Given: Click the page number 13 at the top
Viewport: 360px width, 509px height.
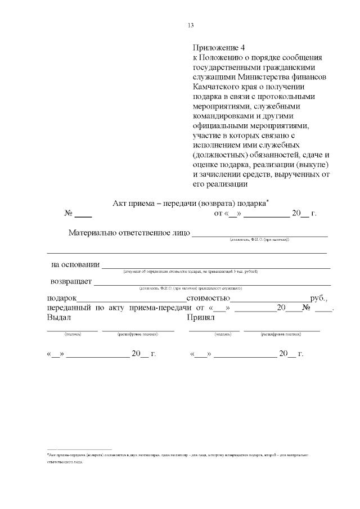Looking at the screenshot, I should pyautogui.click(x=191, y=25).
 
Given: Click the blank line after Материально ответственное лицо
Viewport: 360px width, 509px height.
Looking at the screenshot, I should pyautogui.click(x=260, y=233).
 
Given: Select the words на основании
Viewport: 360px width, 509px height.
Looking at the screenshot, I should pyautogui.click(x=75, y=264).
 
